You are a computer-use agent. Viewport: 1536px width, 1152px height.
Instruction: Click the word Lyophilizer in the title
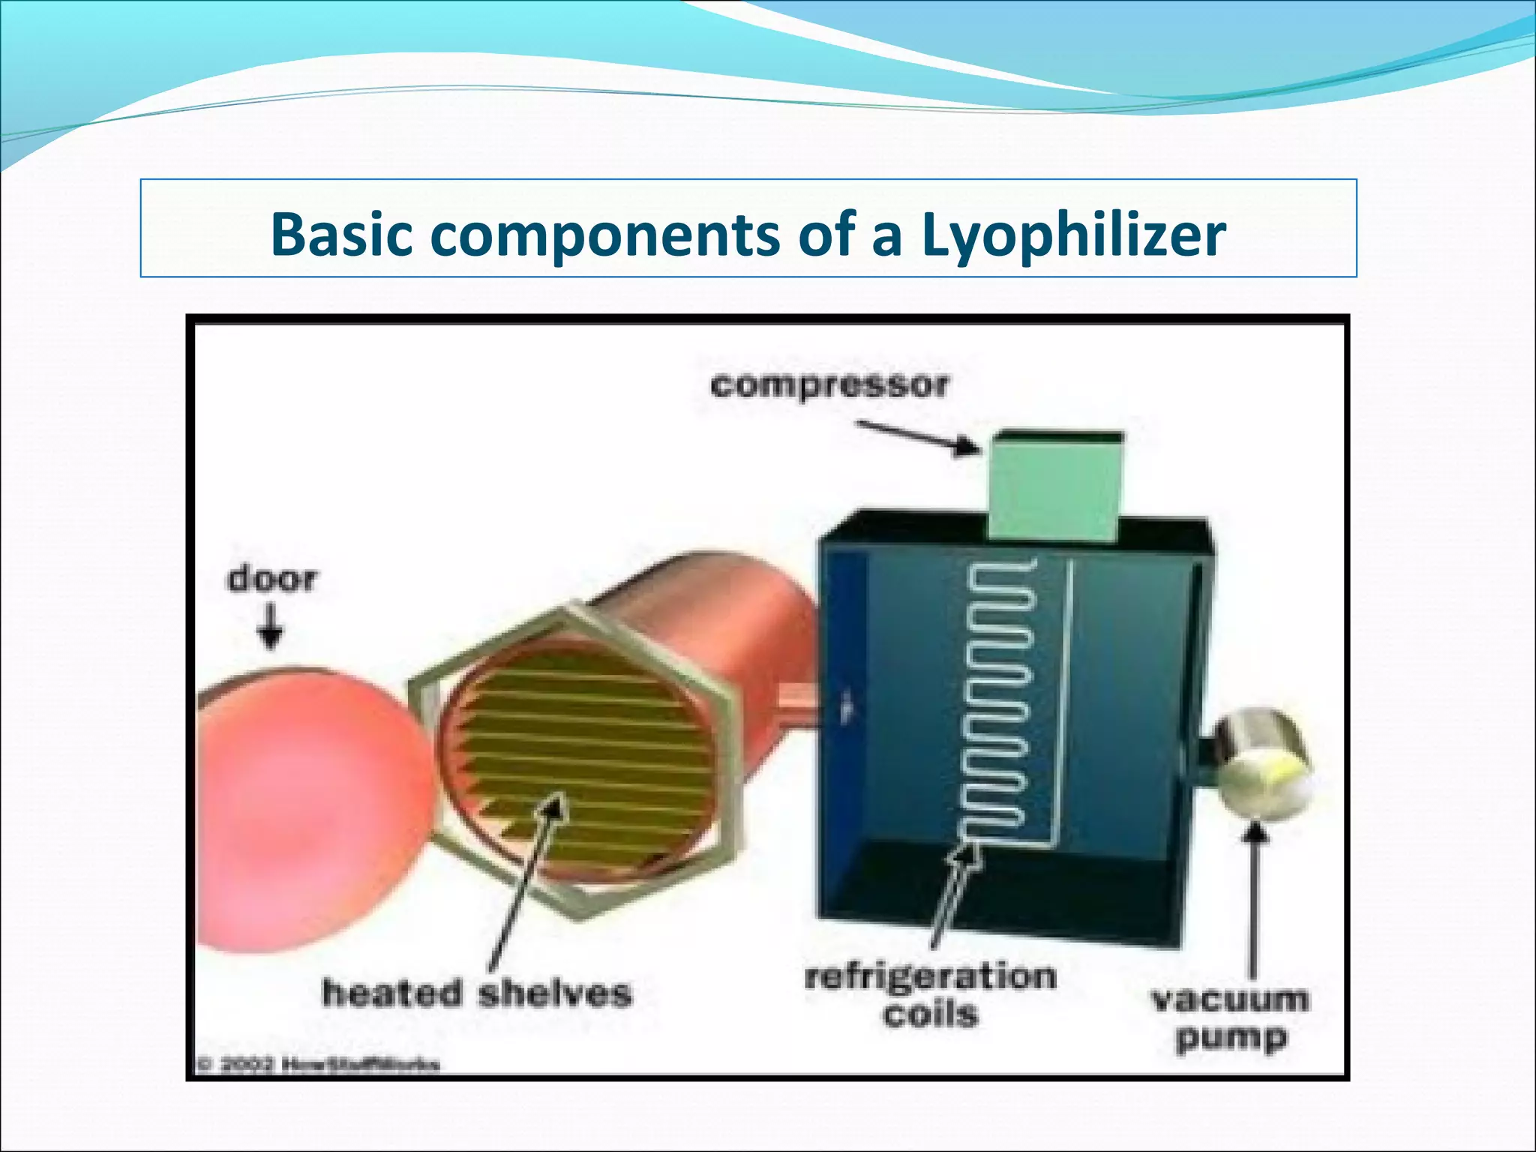1073,235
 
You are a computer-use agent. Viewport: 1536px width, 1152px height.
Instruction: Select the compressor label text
829,386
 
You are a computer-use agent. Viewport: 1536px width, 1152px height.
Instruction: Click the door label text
271,580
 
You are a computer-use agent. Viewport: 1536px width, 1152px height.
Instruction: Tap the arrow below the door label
271,627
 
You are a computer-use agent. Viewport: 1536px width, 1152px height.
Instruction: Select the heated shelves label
477,993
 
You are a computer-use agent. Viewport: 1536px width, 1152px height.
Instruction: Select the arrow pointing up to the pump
1253,900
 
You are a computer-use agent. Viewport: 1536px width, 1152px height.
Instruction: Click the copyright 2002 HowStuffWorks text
319,1064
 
